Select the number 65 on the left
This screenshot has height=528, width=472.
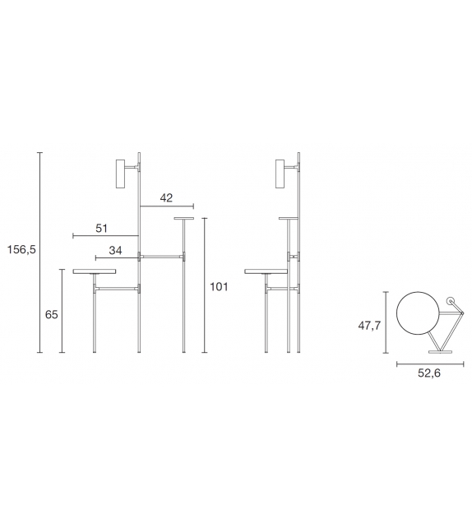tap(52, 313)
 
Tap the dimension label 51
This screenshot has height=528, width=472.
tap(102, 228)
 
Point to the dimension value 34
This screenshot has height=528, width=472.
tap(116, 250)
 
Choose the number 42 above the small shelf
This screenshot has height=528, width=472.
tap(166, 197)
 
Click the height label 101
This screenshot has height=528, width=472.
tap(218, 286)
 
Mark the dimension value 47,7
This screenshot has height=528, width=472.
tap(368, 326)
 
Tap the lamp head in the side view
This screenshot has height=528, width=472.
tap(281, 174)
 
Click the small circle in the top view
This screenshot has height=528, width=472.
tap(450, 302)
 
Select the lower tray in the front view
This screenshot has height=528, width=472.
tap(95, 271)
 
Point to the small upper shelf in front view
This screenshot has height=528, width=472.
tap(183, 219)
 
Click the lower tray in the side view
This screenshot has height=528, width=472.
tap(266, 271)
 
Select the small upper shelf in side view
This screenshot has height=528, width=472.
tap(288, 218)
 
